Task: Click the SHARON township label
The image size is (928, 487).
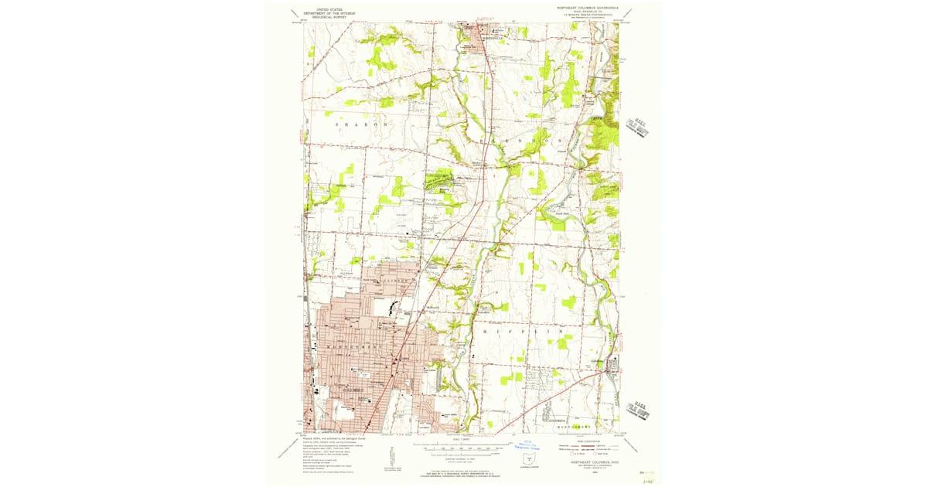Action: click(360, 124)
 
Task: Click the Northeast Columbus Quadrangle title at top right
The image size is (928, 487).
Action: click(589, 9)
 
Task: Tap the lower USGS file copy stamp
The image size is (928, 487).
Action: click(639, 407)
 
